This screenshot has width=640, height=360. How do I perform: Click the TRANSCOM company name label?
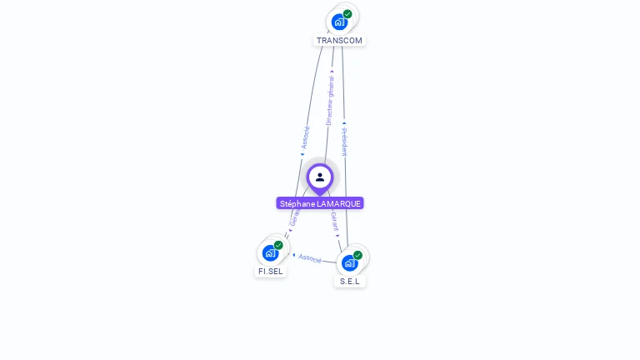click(x=339, y=40)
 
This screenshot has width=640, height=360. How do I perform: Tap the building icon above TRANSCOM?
click(x=338, y=22)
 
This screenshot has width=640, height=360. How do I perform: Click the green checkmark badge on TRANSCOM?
click(x=347, y=14)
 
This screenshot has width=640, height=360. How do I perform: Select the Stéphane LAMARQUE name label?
click(x=320, y=203)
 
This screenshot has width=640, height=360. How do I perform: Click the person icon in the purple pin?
click(x=320, y=177)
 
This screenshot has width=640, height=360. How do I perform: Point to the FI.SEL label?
click(x=271, y=271)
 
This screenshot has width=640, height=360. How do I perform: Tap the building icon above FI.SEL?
click(x=269, y=252)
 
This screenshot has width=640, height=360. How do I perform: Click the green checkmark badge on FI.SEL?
click(x=278, y=245)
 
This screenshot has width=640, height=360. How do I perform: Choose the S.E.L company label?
click(x=350, y=281)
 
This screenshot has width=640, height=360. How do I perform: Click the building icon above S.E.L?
click(x=349, y=262)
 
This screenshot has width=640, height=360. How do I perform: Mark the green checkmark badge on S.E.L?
click(x=358, y=255)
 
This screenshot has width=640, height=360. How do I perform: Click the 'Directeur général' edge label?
click(x=330, y=102)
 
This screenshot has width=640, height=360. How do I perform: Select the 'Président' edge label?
click(x=344, y=142)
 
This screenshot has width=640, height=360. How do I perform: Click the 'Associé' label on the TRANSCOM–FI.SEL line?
click(x=305, y=137)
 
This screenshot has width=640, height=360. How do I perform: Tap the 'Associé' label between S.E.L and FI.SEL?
click(x=310, y=258)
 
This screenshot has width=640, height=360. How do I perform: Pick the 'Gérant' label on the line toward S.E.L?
click(x=334, y=220)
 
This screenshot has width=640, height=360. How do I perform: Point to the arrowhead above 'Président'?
click(x=343, y=123)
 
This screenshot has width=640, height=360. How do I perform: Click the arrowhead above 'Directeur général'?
click(x=332, y=72)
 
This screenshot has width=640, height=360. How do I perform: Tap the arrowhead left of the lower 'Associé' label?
click(x=293, y=255)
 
